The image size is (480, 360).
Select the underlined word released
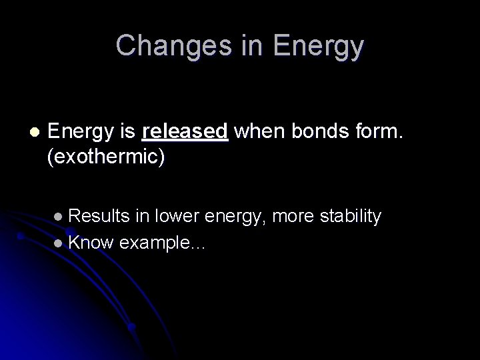click(185, 132)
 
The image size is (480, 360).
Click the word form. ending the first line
click(380, 132)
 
